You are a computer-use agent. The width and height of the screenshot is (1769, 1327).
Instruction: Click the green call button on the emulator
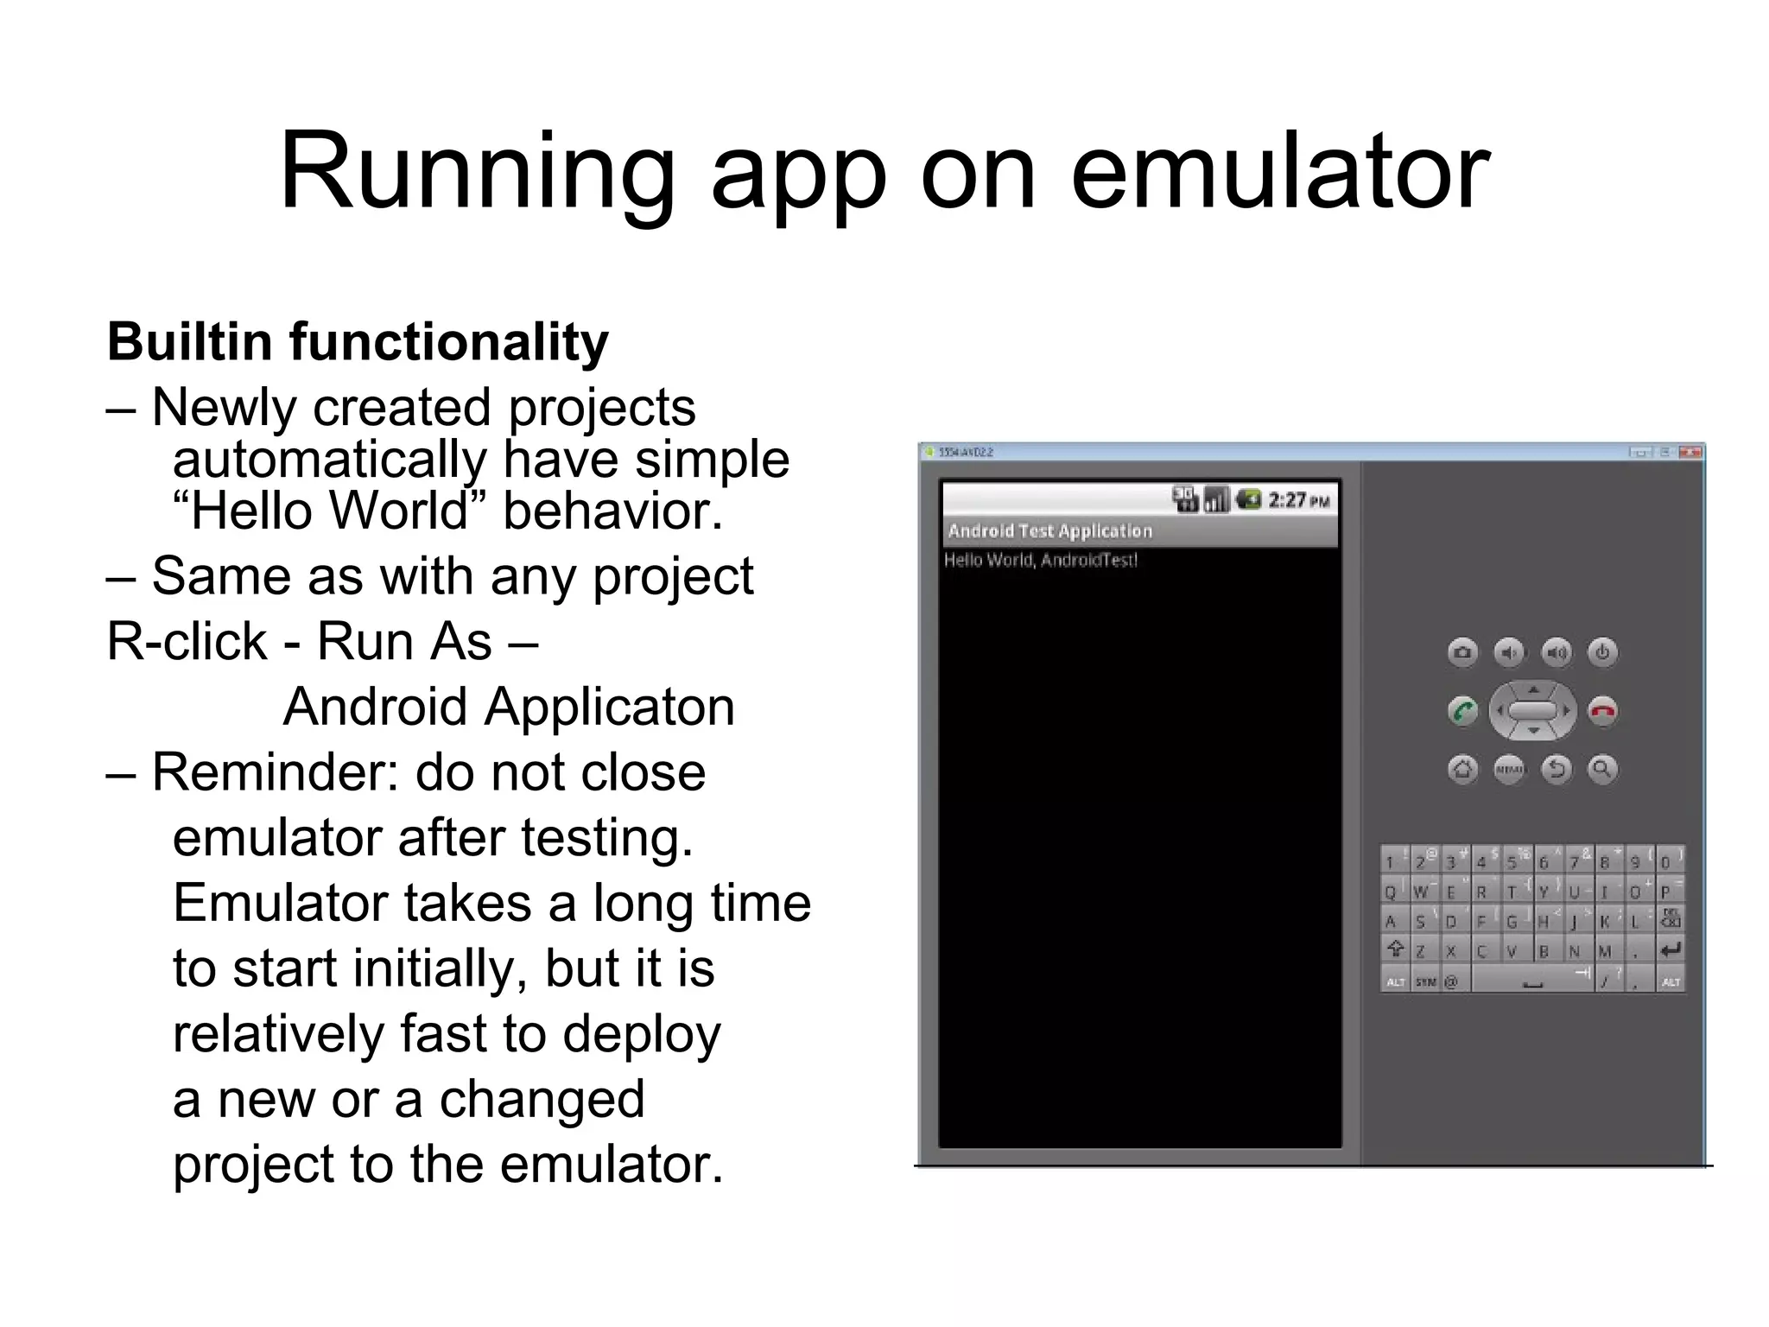[x=1462, y=711]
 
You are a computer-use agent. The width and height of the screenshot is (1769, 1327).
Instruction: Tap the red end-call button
[x=1603, y=711]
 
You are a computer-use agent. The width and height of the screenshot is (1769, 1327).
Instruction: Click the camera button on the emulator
[x=1462, y=652]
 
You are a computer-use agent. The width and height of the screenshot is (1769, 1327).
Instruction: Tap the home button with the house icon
[x=1462, y=769]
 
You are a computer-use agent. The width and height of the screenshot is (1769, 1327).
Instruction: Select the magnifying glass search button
[x=1602, y=769]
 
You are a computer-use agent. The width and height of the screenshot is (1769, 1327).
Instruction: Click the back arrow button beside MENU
[x=1557, y=769]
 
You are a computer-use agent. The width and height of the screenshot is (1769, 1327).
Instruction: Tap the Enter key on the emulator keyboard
[x=1671, y=950]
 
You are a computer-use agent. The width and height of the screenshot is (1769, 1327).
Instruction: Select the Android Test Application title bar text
[x=1049, y=530]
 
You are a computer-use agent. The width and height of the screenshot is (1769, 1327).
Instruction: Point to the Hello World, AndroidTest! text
[x=1040, y=560]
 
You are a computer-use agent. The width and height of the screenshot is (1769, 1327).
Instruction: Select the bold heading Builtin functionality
[x=358, y=341]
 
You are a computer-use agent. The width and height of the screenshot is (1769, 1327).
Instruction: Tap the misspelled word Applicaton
[x=609, y=707]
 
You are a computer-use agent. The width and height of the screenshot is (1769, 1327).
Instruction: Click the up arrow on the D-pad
[x=1533, y=689]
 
